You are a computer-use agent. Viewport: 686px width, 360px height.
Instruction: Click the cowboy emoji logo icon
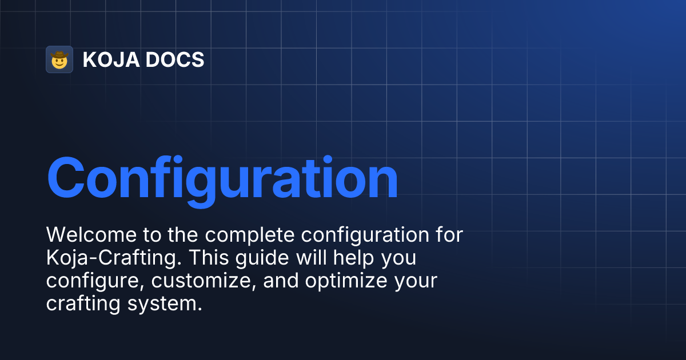(x=59, y=59)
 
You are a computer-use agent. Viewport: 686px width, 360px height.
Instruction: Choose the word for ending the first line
(x=448, y=234)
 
